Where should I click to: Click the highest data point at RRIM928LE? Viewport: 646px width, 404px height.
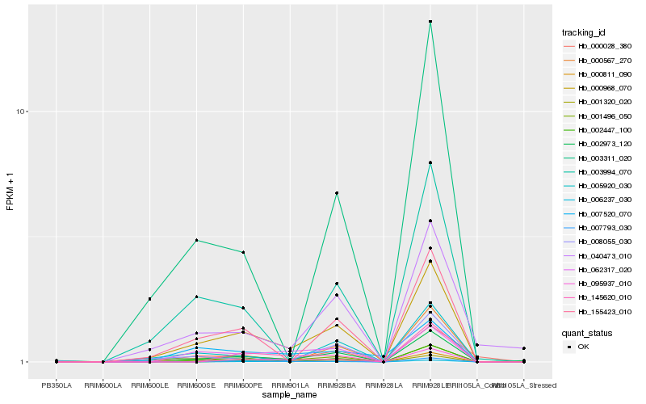pos(430,22)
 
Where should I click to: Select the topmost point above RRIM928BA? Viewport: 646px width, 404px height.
pos(337,193)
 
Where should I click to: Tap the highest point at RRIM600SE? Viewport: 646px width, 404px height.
pos(196,240)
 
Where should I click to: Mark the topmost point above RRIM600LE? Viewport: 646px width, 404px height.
pos(149,299)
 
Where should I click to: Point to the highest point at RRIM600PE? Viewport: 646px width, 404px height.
pos(243,252)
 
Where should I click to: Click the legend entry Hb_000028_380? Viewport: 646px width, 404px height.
pos(605,46)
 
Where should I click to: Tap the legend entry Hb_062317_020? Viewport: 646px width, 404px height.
pos(605,269)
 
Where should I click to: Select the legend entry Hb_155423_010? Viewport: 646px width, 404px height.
pos(605,311)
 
